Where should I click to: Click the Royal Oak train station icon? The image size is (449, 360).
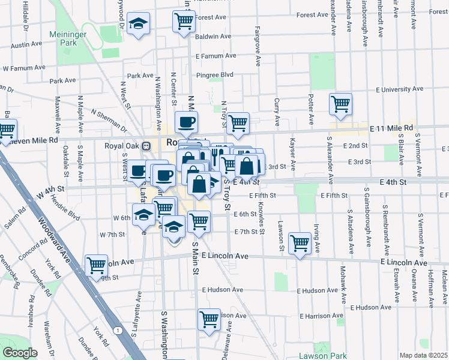146,145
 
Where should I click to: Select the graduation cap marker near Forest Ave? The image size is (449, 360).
139,24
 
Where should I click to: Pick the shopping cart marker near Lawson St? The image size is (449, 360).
300,243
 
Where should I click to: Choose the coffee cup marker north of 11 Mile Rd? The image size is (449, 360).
186,122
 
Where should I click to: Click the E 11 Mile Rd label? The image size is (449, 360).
391,128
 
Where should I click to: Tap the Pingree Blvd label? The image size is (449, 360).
215,75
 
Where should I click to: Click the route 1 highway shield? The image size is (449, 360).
119,330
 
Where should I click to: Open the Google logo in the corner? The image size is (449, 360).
19,353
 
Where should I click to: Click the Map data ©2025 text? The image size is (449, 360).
423,355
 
